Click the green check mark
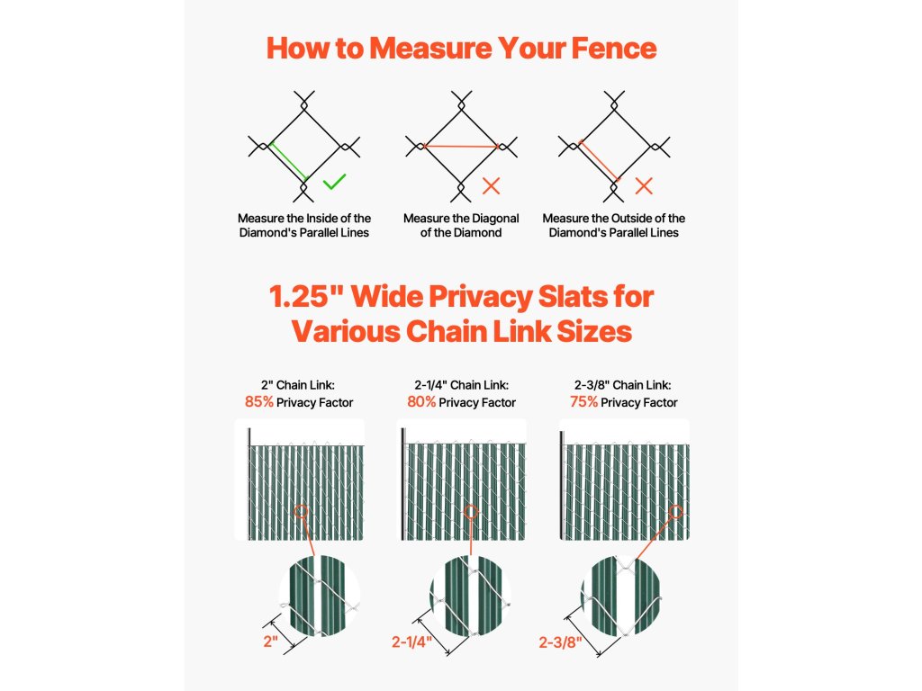[334, 182]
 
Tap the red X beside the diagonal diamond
[491, 186]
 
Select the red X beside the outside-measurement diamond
[644, 186]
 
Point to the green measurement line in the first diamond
[289, 161]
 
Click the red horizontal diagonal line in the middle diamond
[461, 146]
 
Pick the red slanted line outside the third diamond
[599, 160]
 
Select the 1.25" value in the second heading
[306, 297]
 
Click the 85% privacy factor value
[259, 402]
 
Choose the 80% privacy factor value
[421, 402]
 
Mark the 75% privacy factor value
[583, 402]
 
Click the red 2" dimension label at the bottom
[270, 641]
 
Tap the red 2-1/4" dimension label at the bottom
[412, 642]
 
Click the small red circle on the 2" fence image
[301, 511]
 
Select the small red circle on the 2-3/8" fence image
[675, 512]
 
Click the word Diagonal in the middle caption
[494, 219]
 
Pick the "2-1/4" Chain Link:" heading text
[462, 385]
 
